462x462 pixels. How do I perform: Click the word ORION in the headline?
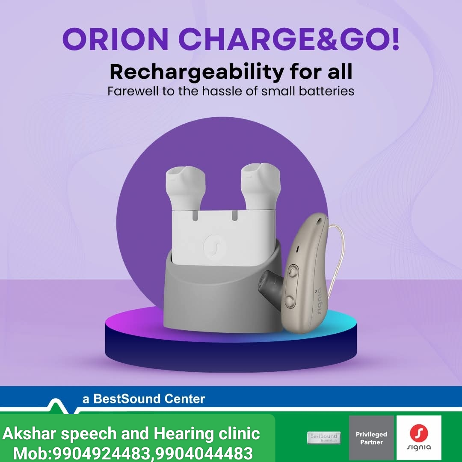(115, 39)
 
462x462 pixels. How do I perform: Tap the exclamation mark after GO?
(395, 39)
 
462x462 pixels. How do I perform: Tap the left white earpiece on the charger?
(185, 188)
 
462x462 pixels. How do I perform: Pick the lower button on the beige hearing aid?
(290, 301)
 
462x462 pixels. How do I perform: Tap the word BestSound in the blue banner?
(127, 399)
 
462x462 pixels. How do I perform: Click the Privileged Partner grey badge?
(371, 438)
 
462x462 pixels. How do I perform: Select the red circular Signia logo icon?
(419, 432)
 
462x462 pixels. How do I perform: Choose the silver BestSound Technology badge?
(324, 438)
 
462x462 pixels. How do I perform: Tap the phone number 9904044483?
(204, 453)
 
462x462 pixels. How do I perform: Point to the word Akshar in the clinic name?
(29, 434)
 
